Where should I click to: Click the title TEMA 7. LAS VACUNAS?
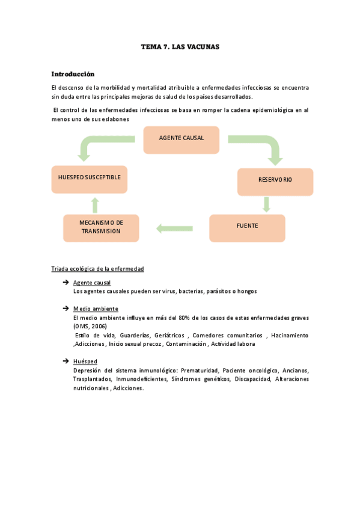point(180,46)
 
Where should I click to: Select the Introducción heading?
point(73,75)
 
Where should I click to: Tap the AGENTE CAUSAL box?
point(182,138)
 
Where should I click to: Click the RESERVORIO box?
point(275,180)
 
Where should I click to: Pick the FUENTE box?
point(247,226)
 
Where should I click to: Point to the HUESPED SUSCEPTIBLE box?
point(89,177)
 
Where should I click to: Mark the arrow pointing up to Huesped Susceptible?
point(94,203)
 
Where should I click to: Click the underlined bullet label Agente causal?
point(91,282)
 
